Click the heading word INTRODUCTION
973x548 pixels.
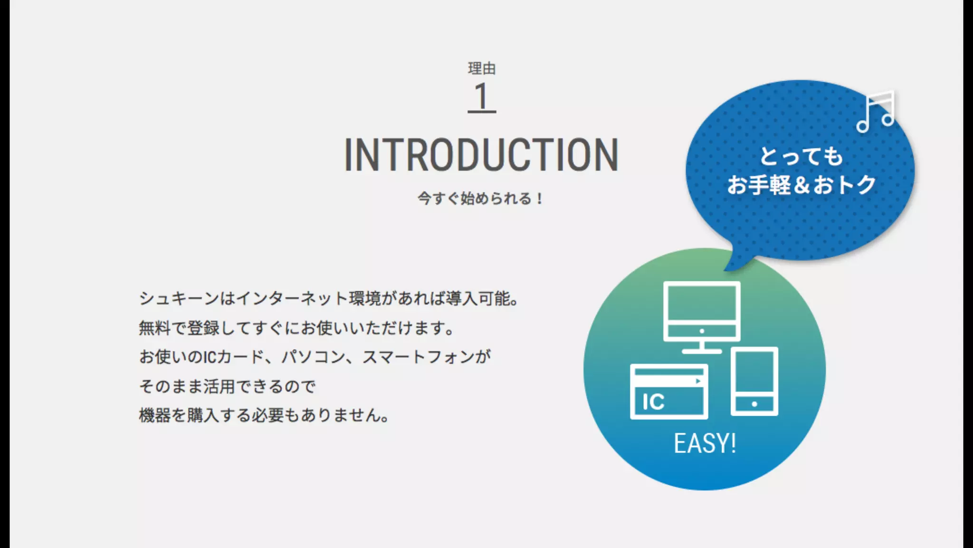[x=481, y=155]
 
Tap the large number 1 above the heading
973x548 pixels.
[x=481, y=97]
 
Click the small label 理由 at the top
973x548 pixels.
[x=481, y=68]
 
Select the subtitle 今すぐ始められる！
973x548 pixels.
[x=480, y=198]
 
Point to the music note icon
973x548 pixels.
[x=876, y=111]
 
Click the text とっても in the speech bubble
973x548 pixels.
[x=801, y=157]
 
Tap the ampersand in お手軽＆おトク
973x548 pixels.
[x=801, y=185]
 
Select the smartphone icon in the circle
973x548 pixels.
[x=754, y=381]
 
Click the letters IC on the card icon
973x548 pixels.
[x=653, y=402]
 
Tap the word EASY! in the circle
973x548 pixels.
[x=705, y=443]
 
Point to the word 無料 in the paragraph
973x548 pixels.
[x=154, y=328]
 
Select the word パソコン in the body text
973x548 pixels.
[x=313, y=357]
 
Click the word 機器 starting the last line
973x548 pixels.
[x=154, y=415]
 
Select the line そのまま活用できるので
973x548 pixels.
[x=227, y=386]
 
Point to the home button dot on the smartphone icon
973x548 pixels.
[x=754, y=404]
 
